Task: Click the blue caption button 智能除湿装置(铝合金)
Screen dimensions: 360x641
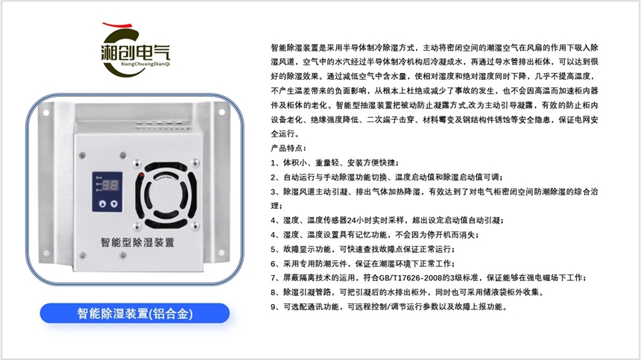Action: (135, 313)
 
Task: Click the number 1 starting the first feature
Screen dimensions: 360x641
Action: (274, 163)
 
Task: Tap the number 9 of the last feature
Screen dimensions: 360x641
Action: (274, 306)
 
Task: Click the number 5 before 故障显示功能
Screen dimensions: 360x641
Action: (274, 249)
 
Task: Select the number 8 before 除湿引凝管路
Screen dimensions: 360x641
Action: (274, 292)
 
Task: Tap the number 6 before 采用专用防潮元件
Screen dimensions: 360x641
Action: (274, 263)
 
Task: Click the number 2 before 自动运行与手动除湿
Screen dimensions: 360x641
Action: (274, 177)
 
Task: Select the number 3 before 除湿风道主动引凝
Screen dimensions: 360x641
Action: (274, 192)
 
